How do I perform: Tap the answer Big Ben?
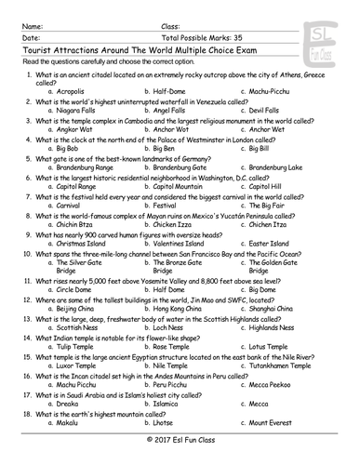coord(163,148)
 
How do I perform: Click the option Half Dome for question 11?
coord(167,288)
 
